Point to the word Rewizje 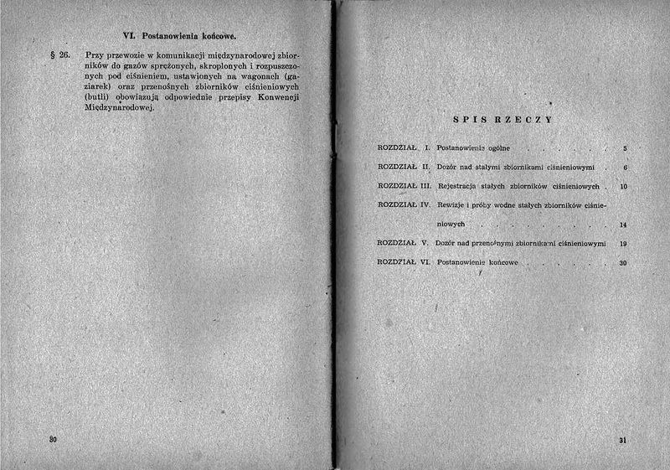pos(455,204)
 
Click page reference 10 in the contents pos(623,186)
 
